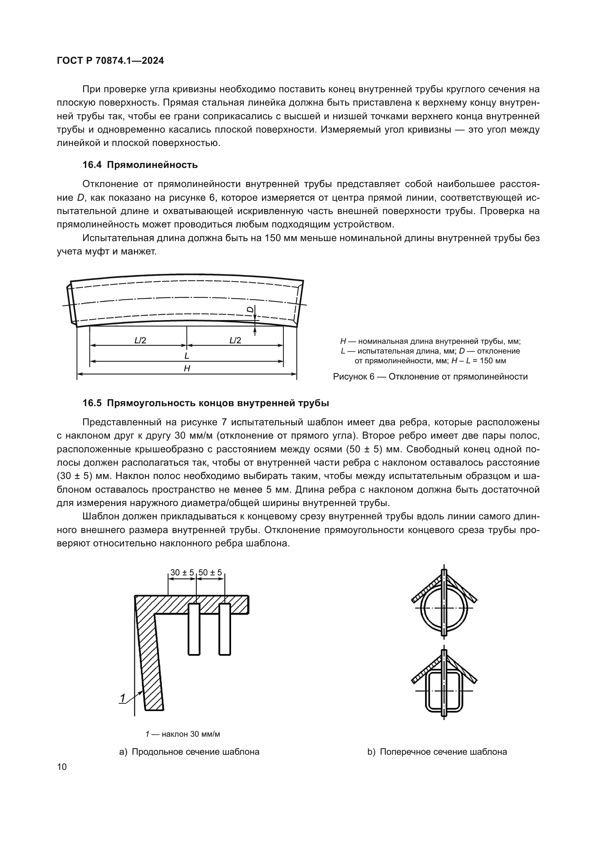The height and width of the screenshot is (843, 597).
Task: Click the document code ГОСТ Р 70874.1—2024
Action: pos(110,61)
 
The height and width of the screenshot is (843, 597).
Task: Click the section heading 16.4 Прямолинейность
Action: pos(140,165)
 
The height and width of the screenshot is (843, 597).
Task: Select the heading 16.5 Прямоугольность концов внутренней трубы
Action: pos(205,403)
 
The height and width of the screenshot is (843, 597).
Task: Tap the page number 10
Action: pos(62,767)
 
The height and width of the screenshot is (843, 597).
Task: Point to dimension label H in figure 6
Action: pos(187,368)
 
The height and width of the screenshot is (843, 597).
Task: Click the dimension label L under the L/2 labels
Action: pos(187,355)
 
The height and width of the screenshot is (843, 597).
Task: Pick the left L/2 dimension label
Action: pos(140,340)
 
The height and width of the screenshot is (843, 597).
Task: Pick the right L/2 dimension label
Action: pos(235,340)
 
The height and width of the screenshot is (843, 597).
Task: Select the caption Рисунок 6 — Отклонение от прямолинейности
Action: pos(430,377)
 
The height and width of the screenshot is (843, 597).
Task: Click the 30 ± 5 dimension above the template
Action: pos(182,572)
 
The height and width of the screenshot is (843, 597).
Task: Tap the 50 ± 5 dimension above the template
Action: pos(210,572)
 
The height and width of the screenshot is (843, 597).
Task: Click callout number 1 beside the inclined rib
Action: pos(123,698)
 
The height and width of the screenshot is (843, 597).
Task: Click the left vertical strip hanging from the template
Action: pos(194,629)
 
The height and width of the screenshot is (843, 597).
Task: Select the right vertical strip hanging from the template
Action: pos(225,629)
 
